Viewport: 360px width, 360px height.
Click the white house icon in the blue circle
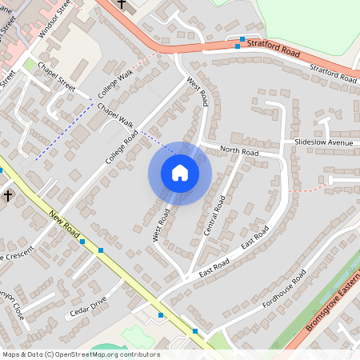pyautogui.click(x=180, y=173)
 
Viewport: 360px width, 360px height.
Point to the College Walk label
pyautogui.click(x=115, y=84)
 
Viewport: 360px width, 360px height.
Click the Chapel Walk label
pyautogui.click(x=114, y=115)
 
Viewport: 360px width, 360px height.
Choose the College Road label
pyautogui.click(x=122, y=147)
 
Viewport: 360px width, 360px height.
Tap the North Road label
pyautogui.click(x=239, y=150)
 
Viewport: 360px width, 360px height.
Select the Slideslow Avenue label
pyautogui.click(x=323, y=142)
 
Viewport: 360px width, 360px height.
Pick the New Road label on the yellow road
pyautogui.click(x=66, y=226)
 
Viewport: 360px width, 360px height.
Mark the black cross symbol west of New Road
pyautogui.click(x=8, y=195)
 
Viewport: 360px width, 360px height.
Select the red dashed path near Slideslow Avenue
pyautogui.click(x=308, y=190)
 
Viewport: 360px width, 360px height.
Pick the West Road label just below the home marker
pyautogui.click(x=162, y=223)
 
